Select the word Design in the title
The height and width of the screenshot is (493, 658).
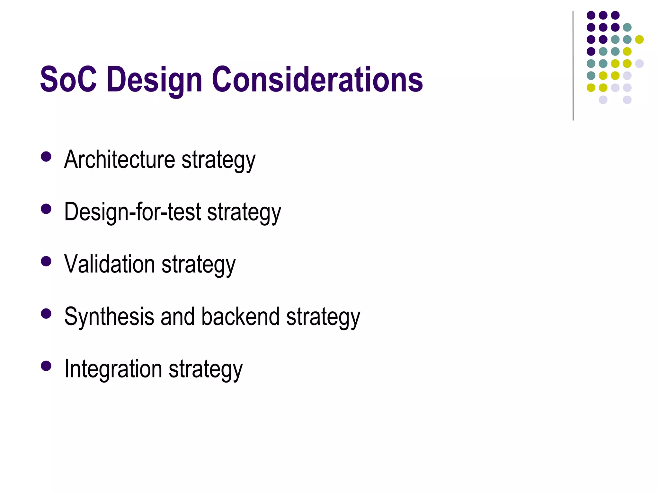click(x=154, y=80)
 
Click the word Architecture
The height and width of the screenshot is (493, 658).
click(x=120, y=159)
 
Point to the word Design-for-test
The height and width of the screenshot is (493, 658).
click(x=132, y=212)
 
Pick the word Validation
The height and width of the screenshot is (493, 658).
click(x=110, y=264)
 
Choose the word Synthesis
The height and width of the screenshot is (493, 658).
click(x=109, y=317)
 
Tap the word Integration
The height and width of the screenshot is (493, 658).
click(x=113, y=368)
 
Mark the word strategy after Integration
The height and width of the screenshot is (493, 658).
click(x=206, y=370)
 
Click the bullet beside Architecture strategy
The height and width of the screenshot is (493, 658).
click(x=46, y=157)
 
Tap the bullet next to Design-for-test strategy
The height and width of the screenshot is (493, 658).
click(x=46, y=209)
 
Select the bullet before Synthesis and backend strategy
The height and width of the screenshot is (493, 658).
click(x=46, y=314)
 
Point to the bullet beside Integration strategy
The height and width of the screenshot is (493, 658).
click(x=46, y=366)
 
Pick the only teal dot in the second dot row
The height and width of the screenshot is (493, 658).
click(x=627, y=27)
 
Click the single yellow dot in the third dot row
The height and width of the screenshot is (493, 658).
click(x=639, y=39)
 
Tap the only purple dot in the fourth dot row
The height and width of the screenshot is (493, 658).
click(x=591, y=51)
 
